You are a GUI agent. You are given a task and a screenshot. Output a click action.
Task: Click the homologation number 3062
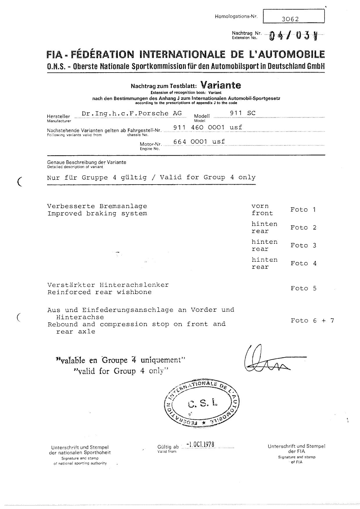tap(290, 19)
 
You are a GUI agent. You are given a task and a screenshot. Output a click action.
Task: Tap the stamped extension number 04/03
tap(293, 36)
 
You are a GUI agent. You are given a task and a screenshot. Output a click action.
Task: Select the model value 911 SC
tap(243, 113)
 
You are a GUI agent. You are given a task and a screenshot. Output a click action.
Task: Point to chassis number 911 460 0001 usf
tap(208, 127)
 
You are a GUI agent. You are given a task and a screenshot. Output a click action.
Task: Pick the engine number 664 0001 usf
tap(199, 141)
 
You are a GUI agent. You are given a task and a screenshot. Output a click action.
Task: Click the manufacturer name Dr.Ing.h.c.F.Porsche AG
tap(132, 113)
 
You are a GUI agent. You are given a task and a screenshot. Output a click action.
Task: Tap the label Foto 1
tap(303, 210)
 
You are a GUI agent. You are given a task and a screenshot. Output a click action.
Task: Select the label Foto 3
tap(303, 245)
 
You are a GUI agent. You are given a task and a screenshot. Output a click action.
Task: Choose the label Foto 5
tap(303, 288)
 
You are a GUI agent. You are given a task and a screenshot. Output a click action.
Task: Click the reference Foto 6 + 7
tap(312, 320)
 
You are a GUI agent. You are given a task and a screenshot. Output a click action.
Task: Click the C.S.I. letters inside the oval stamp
tap(202, 403)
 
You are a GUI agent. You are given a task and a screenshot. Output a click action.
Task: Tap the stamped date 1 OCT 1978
tap(200, 444)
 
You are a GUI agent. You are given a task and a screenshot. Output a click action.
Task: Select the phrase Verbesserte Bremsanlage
tap(97, 206)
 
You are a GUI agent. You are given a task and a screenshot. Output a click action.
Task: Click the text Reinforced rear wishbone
tap(99, 292)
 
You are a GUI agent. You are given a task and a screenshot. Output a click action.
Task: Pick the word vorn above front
tap(260, 206)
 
